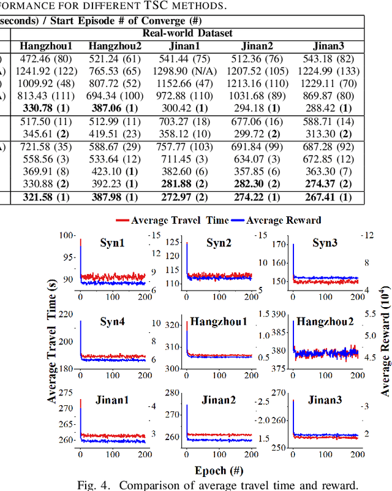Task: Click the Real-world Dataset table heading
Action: point(187,33)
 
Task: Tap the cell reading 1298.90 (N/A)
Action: point(187,72)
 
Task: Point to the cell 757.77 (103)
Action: point(187,148)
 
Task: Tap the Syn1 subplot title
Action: point(112,243)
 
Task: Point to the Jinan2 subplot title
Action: point(217,400)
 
